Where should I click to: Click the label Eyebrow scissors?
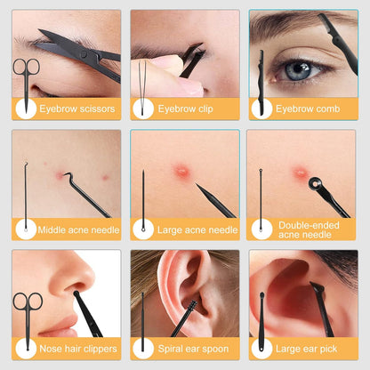77,109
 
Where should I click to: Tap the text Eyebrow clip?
185,109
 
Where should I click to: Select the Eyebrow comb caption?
308,109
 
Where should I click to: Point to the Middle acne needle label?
78,229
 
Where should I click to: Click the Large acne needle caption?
197,229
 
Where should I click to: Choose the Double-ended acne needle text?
309,229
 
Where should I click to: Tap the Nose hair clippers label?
78,349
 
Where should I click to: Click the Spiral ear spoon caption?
193,349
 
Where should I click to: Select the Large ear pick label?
306,349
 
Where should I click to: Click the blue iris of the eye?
297,70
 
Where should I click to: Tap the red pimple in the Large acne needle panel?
181,171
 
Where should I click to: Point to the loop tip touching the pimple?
315,183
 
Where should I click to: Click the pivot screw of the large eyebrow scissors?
84,54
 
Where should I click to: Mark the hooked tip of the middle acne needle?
68,175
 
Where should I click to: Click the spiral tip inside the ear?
192,306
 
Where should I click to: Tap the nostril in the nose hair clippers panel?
75,286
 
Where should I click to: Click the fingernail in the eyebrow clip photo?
190,87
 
